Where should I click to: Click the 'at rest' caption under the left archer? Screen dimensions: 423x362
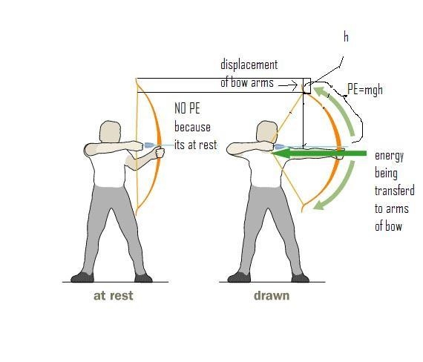pos(114,296)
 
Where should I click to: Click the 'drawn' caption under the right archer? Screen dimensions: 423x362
pos(272,296)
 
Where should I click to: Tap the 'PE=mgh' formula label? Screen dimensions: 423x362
pos(365,89)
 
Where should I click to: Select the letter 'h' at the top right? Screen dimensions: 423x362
pos(346,36)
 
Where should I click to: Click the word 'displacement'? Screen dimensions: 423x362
pos(249,65)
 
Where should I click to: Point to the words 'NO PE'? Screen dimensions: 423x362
pos(187,108)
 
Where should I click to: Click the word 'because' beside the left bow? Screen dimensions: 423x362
pos(192,127)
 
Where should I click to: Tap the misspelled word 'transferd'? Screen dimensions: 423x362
pos(395,191)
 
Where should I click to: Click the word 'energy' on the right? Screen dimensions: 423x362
pos(390,156)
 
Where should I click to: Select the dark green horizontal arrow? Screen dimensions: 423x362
pos(319,154)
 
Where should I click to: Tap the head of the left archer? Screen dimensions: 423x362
pos(110,131)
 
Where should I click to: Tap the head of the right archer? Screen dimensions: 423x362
pos(267,131)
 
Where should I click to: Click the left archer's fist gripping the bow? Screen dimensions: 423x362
pos(160,152)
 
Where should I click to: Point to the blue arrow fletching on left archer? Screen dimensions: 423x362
pos(150,145)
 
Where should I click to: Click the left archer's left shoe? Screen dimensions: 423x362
pos(82,277)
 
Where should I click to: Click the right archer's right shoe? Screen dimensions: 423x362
pos(301,278)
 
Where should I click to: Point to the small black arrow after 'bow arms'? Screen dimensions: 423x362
pos(288,85)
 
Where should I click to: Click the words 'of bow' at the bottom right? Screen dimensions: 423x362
pos(388,226)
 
